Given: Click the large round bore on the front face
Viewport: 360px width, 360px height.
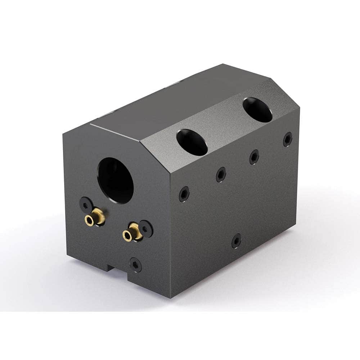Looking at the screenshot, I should tap(116, 180).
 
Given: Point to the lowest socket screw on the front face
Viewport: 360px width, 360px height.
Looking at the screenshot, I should tap(136, 265).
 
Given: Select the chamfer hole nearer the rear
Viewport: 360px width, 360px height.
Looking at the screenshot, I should tap(257, 110).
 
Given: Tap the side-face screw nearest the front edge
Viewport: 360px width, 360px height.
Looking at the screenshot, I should tap(184, 194).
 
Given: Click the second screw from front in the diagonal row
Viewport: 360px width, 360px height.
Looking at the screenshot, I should tap(221, 175).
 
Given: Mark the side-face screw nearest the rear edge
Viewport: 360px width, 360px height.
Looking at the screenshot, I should tap(288, 139).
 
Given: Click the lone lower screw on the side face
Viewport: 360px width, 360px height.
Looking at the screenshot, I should tap(236, 240).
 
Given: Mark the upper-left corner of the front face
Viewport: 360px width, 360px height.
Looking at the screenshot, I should tap(63, 134).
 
